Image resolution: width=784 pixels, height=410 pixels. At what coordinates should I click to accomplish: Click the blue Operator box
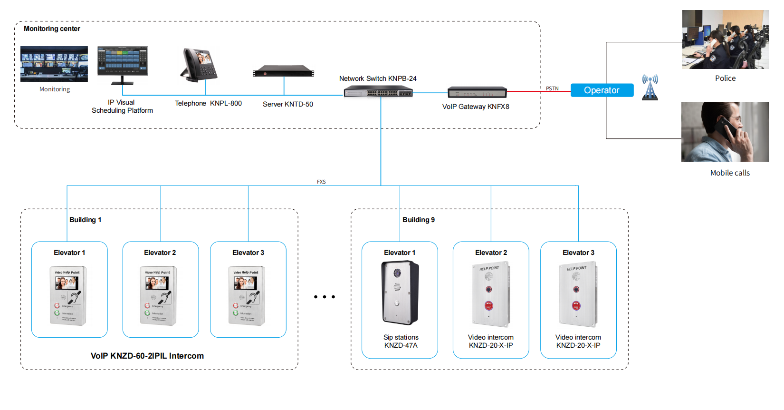[x=602, y=90]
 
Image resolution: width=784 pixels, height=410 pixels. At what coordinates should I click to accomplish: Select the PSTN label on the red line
[x=552, y=88]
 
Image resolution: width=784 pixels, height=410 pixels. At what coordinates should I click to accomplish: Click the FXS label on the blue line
[x=321, y=182]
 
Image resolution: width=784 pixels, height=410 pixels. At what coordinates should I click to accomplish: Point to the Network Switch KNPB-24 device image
[x=378, y=91]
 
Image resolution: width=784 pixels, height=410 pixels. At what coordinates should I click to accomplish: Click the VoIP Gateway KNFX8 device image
[x=477, y=92]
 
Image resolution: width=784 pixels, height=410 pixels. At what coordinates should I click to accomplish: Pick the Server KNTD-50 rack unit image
[x=284, y=71]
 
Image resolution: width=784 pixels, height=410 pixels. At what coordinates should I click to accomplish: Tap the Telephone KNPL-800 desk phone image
[x=200, y=65]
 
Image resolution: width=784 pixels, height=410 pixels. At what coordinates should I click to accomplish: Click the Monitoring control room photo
[x=54, y=64]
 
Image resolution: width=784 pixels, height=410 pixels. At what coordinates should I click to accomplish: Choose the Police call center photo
[x=725, y=39]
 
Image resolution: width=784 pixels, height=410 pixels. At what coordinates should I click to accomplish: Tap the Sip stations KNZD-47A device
[x=400, y=293]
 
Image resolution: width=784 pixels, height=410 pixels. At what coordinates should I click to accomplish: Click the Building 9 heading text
[x=418, y=220]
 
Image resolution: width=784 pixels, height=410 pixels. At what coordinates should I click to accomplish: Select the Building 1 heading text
[x=85, y=220]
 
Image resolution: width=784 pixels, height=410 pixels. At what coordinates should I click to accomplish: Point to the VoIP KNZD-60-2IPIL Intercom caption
[x=147, y=356]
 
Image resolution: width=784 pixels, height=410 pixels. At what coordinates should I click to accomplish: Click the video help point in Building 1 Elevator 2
[x=159, y=295]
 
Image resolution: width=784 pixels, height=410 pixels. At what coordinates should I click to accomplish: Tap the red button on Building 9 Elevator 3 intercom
[x=576, y=305]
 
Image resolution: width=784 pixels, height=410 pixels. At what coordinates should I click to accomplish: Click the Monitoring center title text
[x=52, y=29]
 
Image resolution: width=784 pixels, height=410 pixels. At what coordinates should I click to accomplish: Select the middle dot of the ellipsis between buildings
[x=325, y=297]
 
